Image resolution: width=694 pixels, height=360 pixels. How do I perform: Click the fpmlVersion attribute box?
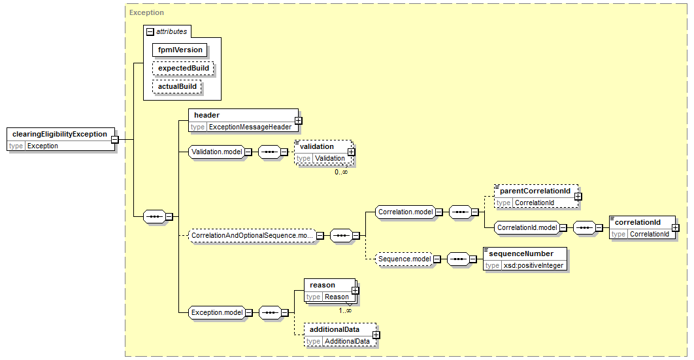[180, 50]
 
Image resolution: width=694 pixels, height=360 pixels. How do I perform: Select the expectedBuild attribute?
[183, 68]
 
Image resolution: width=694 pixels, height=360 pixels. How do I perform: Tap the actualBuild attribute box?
[177, 86]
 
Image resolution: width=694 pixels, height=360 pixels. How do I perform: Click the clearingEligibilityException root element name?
[59, 134]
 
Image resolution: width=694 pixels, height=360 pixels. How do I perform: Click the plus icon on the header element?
[298, 120]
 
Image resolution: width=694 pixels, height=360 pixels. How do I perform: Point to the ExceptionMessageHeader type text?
[250, 127]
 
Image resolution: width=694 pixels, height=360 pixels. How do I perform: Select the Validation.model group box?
[217, 152]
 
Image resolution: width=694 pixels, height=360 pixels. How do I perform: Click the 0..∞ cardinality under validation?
[341, 172]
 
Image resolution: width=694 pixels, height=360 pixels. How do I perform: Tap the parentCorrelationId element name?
[535, 191]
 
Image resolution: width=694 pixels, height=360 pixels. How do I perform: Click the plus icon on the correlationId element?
[676, 228]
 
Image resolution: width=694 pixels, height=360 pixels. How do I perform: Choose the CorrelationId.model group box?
[527, 228]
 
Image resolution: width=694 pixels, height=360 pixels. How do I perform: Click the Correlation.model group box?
[405, 212]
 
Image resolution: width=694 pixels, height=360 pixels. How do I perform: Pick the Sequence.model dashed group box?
[405, 259]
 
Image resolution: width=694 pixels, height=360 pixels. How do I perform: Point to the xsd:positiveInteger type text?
[534, 266]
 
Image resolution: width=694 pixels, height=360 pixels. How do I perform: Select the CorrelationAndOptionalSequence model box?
[252, 236]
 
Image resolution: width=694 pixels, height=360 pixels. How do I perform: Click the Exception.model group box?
[217, 313]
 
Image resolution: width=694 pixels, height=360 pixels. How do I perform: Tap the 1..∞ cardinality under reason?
[345, 310]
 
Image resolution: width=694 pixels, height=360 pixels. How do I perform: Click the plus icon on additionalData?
[376, 335]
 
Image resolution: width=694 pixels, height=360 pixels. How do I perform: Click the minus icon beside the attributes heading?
[150, 32]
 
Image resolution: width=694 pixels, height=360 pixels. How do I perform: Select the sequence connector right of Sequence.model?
[459, 259]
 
